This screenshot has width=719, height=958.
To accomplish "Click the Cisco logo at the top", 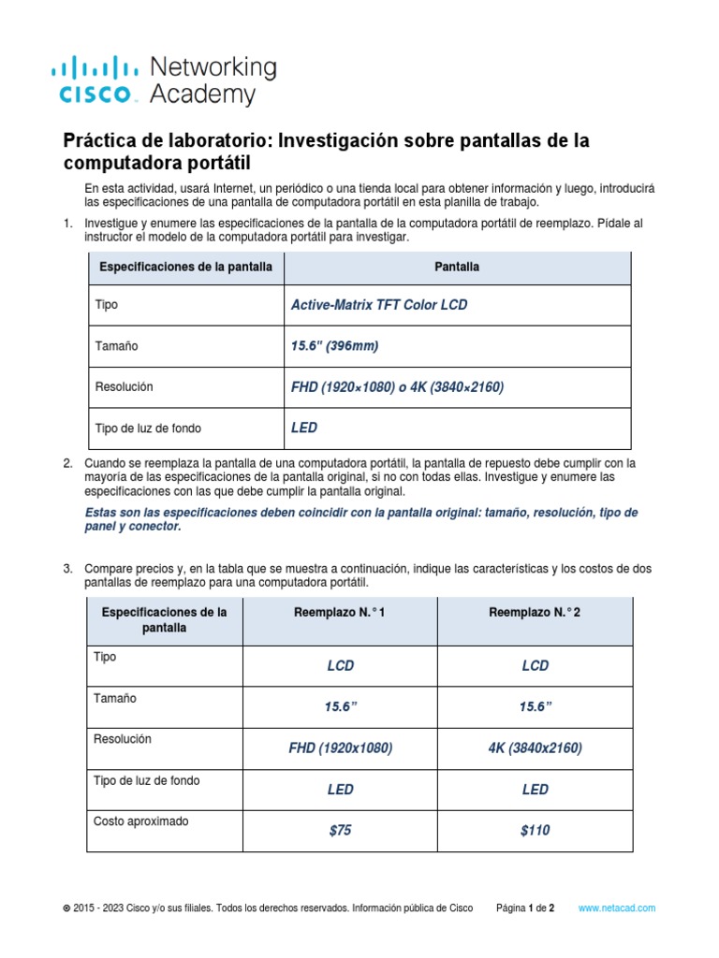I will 93,80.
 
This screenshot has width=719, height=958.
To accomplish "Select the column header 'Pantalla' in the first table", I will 457,267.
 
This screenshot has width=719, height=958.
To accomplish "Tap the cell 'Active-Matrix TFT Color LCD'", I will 379,305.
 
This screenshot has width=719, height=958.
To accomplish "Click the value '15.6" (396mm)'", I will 335,346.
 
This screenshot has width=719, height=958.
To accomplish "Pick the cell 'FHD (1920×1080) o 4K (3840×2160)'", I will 398,386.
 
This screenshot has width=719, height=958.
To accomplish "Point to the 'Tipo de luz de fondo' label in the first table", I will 148,428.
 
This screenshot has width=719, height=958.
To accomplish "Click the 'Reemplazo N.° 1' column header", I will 340,612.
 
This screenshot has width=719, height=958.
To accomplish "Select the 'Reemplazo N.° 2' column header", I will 535,612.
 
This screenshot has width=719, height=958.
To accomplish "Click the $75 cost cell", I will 340,831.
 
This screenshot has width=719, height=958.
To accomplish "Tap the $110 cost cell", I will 535,831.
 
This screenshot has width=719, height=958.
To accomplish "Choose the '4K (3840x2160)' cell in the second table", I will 535,748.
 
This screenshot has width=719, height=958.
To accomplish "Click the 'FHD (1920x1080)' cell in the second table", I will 340,748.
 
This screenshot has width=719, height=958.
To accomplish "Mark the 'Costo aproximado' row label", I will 140,821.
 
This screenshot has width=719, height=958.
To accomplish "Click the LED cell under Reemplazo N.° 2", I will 535,790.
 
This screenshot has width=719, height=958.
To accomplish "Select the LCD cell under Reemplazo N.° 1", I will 340,666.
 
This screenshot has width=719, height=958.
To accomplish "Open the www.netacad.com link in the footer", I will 617,908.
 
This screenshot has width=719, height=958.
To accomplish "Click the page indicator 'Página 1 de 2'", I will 525,908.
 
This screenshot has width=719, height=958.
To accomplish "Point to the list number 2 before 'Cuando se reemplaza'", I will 67,463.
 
